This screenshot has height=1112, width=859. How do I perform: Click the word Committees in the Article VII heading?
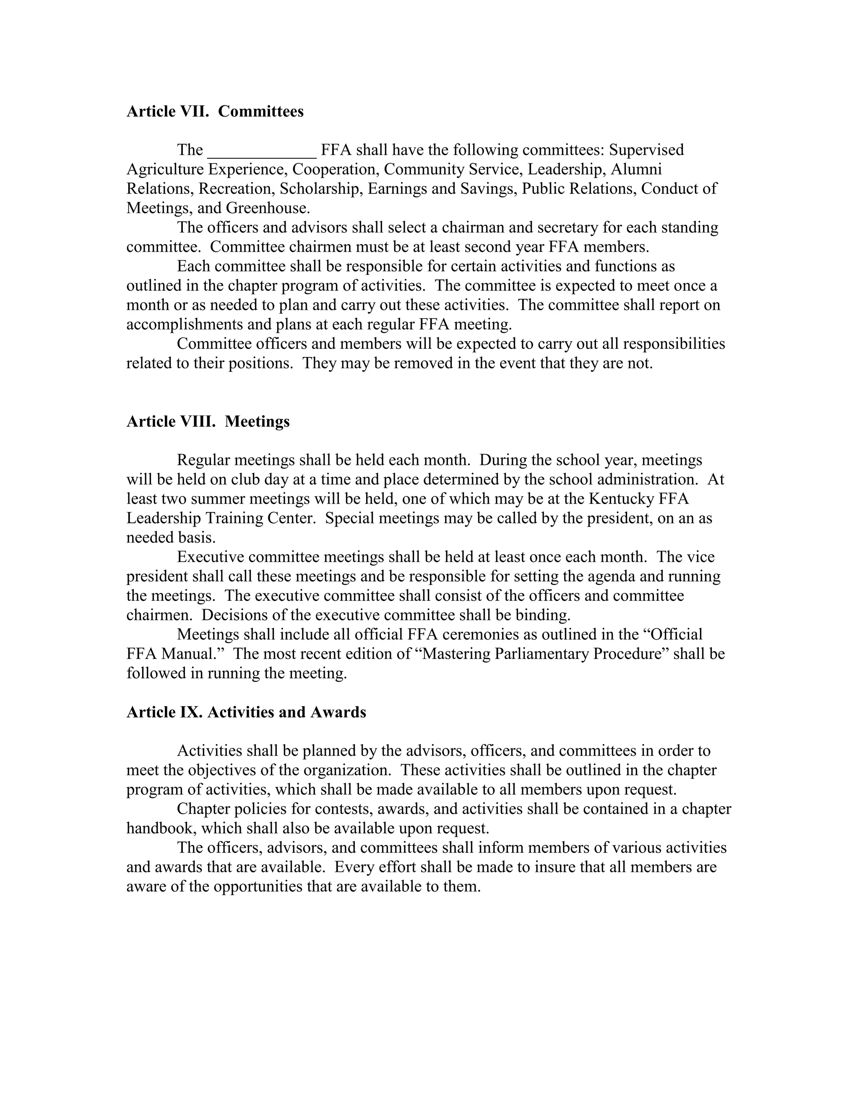point(260,112)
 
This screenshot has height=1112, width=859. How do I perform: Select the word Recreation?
point(237,189)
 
